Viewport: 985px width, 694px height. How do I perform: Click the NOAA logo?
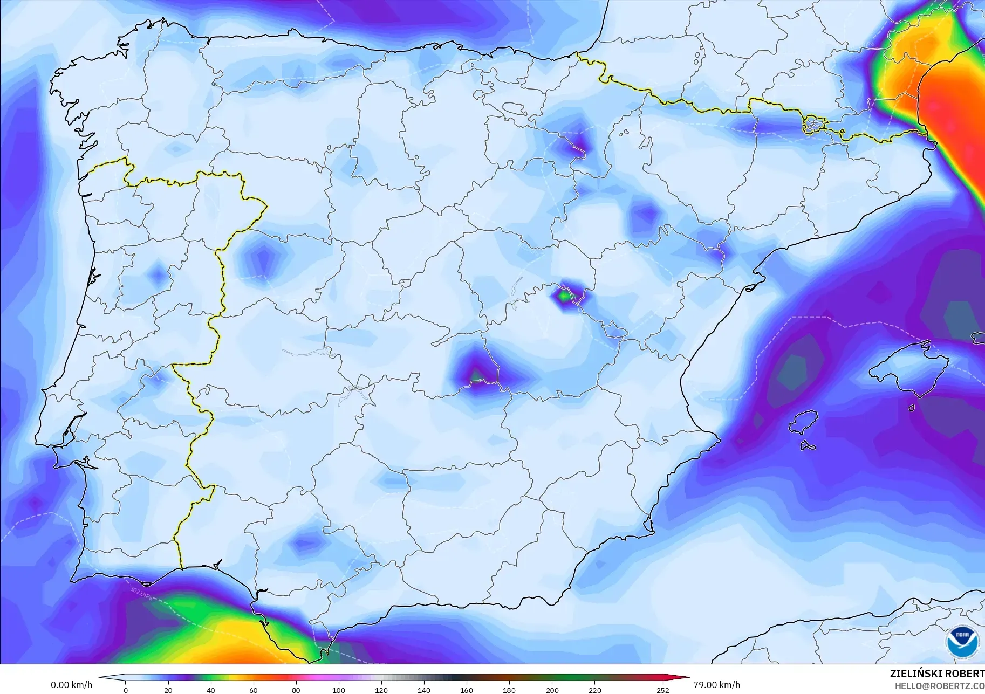point(962,641)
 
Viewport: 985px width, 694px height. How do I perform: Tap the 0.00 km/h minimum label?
point(71,685)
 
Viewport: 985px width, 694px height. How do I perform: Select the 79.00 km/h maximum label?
point(716,685)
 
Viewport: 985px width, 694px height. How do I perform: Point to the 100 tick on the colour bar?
point(339,690)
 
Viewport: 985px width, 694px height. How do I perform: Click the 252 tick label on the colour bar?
point(663,690)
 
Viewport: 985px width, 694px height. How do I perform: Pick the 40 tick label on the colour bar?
point(211,690)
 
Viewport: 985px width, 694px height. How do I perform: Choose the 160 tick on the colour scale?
point(467,690)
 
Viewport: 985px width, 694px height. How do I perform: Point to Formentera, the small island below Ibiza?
point(808,445)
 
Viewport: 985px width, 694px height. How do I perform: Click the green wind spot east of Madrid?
point(564,296)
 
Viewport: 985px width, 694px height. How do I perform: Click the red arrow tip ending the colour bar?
point(686,678)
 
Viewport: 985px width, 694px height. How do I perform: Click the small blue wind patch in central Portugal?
point(158,275)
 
